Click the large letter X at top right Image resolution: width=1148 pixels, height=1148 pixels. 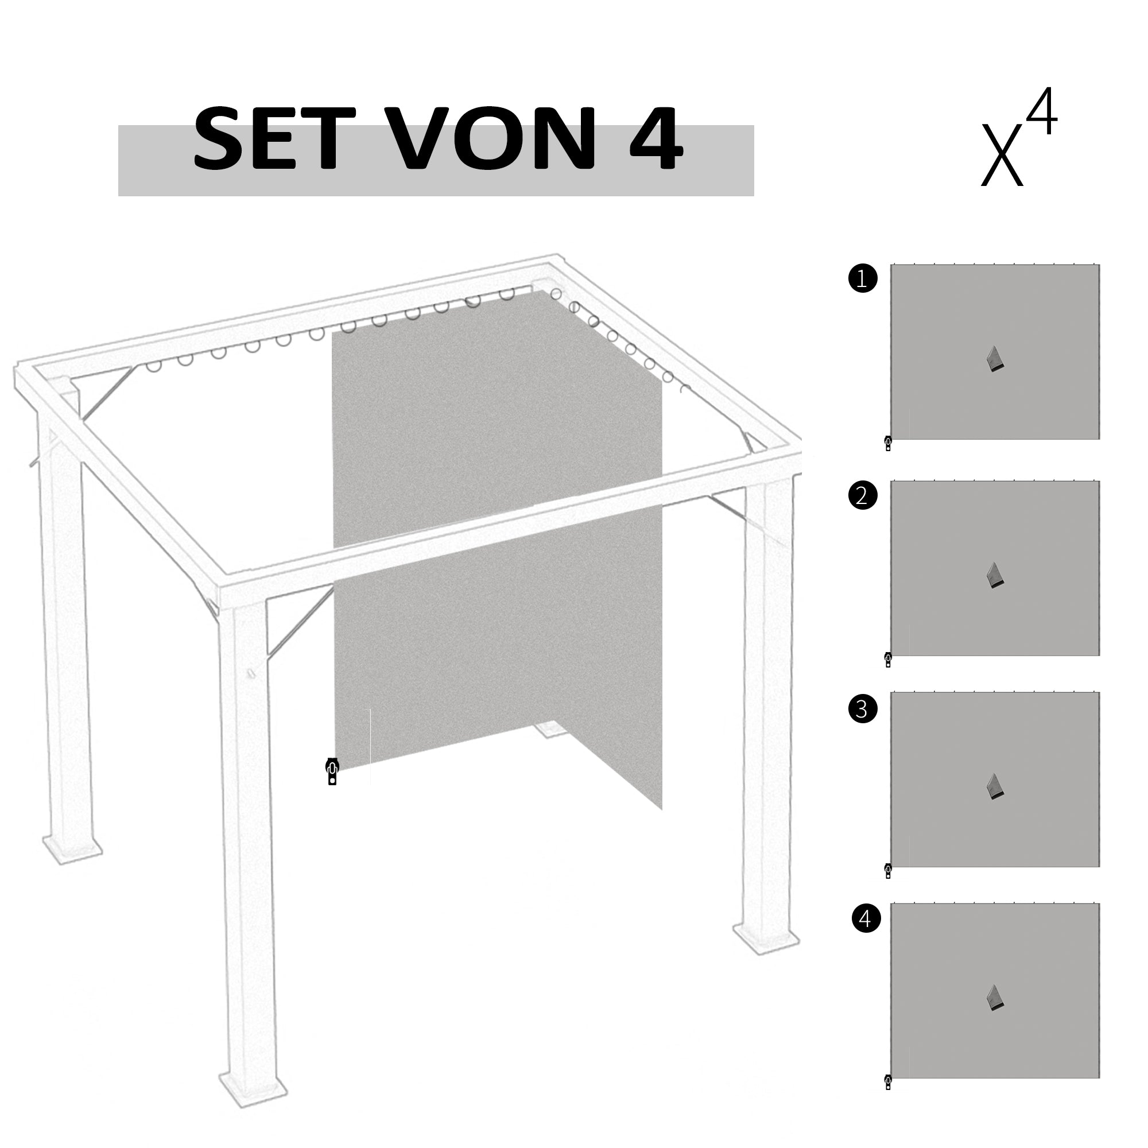tap(1002, 156)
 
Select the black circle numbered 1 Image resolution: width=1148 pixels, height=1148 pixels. tap(862, 279)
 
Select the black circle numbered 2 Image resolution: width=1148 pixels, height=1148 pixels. tap(862, 495)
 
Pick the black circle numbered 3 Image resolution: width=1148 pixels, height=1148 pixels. tap(862, 709)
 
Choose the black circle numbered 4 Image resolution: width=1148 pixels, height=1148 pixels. tap(866, 918)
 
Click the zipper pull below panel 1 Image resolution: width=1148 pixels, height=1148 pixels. tap(888, 444)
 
